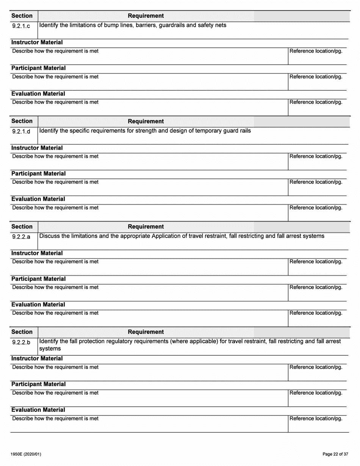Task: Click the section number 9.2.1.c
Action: tap(21, 27)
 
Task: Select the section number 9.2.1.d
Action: tap(21, 132)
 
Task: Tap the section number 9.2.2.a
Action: tap(21, 237)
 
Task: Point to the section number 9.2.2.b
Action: tap(21, 342)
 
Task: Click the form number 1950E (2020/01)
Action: tap(26, 454)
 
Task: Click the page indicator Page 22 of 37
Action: tap(333, 454)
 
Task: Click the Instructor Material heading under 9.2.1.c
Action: tap(37, 42)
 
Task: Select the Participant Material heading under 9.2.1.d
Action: tap(38, 174)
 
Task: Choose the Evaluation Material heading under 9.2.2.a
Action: tap(38, 305)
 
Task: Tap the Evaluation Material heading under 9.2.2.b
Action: tap(38, 410)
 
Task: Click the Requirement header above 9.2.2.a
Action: tap(146, 227)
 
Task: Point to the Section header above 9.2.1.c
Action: tap(22, 16)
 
